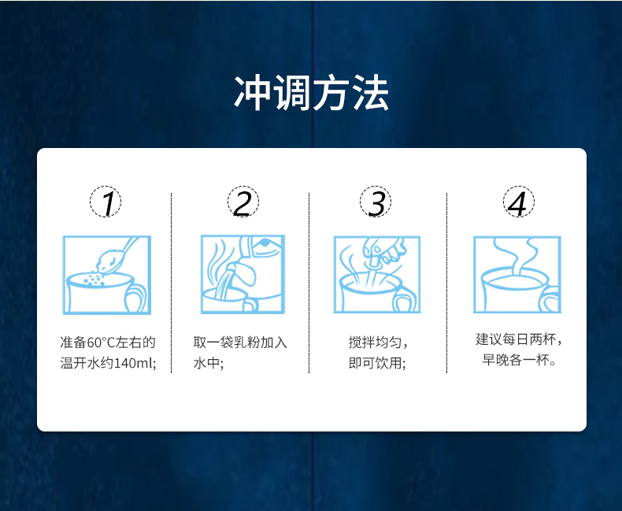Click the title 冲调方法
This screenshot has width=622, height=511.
(x=312, y=93)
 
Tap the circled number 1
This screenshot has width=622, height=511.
(x=106, y=202)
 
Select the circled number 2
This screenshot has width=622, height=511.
(x=243, y=202)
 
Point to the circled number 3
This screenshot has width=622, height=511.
(x=376, y=202)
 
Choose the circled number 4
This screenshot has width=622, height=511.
(x=519, y=202)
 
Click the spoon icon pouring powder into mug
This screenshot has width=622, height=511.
(x=107, y=275)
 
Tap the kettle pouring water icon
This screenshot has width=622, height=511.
(x=243, y=274)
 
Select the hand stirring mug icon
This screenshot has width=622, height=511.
(x=377, y=274)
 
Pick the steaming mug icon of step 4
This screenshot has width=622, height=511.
(x=517, y=274)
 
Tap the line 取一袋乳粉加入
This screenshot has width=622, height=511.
(x=240, y=343)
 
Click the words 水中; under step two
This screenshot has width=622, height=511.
(x=209, y=363)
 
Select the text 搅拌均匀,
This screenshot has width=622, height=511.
(x=378, y=343)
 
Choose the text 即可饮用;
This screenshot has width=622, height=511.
(x=377, y=363)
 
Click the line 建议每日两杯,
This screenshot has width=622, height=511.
(x=519, y=339)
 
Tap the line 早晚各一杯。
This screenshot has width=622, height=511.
(x=520, y=360)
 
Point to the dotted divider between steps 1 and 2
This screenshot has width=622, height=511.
(x=172, y=283)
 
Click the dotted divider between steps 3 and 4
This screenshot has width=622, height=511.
(x=446, y=283)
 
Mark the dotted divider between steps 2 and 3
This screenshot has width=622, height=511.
(x=309, y=283)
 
